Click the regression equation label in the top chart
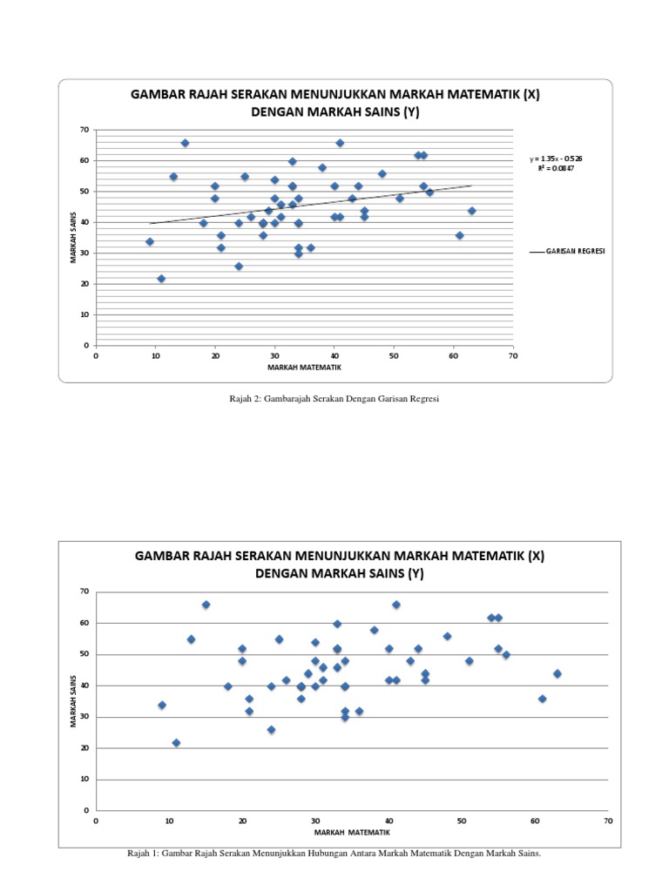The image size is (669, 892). click(x=557, y=159)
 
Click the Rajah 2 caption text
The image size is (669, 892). click(x=334, y=398)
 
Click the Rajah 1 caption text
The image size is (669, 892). click(x=334, y=854)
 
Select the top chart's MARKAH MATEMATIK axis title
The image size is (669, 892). click(x=304, y=367)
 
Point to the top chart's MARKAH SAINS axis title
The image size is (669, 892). click(x=77, y=238)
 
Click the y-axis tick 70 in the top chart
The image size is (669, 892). click(x=84, y=130)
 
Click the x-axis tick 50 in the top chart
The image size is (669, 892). click(x=394, y=355)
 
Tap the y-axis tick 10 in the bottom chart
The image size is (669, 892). click(x=84, y=780)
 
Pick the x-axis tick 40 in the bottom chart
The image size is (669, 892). click(x=389, y=821)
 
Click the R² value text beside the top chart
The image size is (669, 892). click(x=557, y=167)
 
